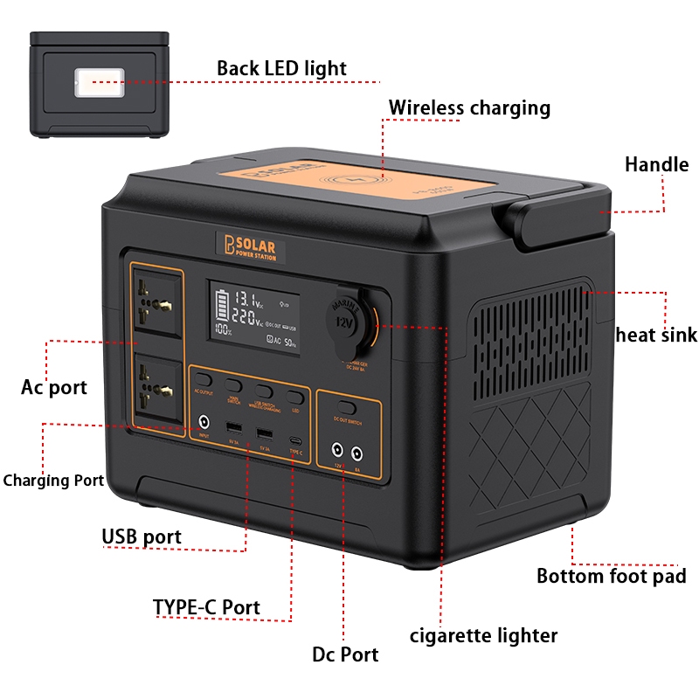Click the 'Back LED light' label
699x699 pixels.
coord(281,68)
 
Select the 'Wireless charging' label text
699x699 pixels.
coord(469,108)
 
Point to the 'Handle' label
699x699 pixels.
coord(656,164)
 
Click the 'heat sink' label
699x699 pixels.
coord(656,335)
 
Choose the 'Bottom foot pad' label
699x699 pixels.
coord(611,576)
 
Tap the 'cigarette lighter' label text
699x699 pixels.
coord(483,635)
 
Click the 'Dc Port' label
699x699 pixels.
coord(345,654)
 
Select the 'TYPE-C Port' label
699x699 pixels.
coord(206,607)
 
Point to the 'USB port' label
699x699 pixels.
coord(142,536)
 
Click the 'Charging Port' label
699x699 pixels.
coord(53,481)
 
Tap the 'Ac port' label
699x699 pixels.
coord(54,387)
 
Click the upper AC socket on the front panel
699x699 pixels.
coord(159,303)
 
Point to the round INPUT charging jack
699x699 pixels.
coord(204,420)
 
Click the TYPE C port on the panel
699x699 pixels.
coord(296,437)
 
